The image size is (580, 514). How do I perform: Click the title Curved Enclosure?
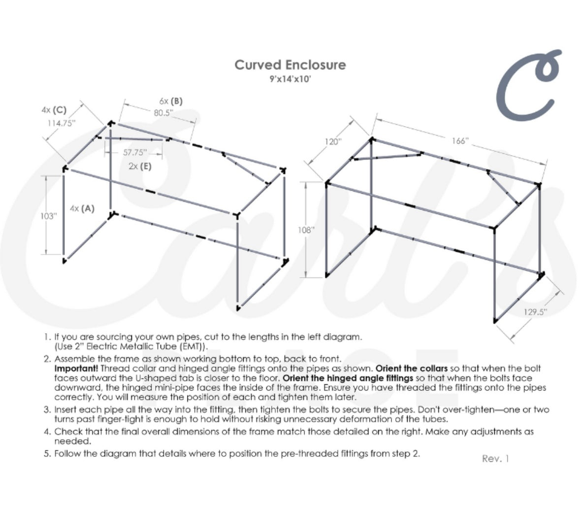point(290,65)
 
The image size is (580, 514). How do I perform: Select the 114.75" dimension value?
point(61,123)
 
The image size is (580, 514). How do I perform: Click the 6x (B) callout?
point(170,101)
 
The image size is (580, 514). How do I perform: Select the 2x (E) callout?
point(140,166)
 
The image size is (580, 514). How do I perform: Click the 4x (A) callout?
point(82,208)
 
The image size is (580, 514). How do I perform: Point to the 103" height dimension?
point(49,216)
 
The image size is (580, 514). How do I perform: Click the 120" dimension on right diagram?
point(332,142)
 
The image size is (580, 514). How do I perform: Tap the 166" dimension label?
point(460,141)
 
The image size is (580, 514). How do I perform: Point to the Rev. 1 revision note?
point(495,458)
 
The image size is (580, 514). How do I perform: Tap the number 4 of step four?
point(46,432)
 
